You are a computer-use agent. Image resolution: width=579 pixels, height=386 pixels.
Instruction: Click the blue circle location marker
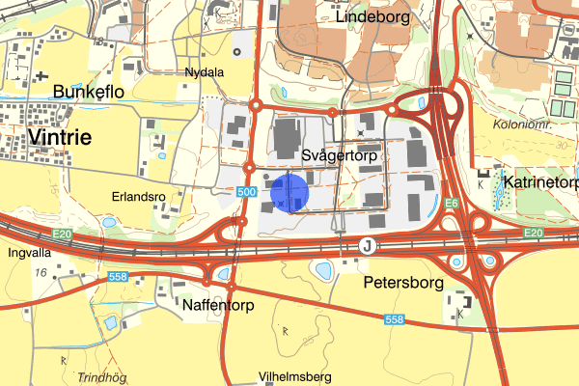tap(289, 193)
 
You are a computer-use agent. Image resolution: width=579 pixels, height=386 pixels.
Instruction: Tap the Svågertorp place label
tap(337, 154)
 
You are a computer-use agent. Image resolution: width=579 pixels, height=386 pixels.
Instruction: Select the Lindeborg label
tap(372, 16)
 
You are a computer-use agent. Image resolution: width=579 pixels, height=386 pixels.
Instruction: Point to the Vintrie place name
tap(61, 137)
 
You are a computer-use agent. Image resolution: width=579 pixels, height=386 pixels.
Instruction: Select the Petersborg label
tap(402, 284)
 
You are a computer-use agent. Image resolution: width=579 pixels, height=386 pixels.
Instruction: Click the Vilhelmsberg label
tap(295, 375)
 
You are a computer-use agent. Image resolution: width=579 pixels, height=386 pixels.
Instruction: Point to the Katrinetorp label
tap(540, 181)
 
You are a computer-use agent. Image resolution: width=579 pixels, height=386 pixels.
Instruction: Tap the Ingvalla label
tap(28, 255)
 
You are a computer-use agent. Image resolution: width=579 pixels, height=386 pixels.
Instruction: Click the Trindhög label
tap(103, 377)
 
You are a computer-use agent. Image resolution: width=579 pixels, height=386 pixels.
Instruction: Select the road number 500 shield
tap(246, 193)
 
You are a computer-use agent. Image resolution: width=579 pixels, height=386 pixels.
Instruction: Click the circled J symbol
tap(367, 247)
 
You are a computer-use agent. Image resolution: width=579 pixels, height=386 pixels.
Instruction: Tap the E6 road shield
tap(452, 204)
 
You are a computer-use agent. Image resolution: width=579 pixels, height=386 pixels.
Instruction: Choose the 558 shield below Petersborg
tap(393, 319)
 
